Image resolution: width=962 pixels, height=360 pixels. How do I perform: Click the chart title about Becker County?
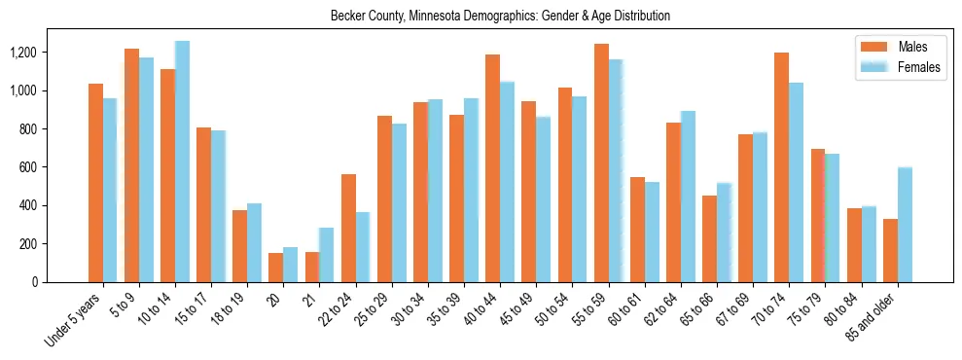point(500,16)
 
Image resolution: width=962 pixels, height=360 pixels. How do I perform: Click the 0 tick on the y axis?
point(61,282)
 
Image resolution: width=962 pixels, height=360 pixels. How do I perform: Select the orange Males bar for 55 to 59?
point(601,162)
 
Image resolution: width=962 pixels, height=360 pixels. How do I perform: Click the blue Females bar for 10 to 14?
point(182,162)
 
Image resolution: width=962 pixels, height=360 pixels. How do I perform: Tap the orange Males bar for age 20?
point(276,268)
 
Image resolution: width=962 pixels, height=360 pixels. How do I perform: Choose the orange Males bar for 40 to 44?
point(492,168)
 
